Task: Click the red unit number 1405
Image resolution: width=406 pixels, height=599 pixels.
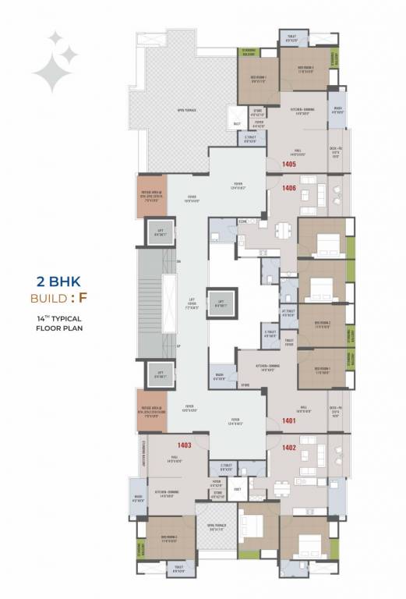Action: click(290, 165)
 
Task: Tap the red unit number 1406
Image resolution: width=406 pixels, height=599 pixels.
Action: click(290, 188)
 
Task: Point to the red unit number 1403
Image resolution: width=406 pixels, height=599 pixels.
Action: click(163, 445)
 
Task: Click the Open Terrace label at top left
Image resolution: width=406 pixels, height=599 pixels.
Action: click(185, 110)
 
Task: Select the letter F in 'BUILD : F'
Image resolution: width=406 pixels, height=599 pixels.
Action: click(83, 298)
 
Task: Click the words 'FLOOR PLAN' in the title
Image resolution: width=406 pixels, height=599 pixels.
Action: click(58, 328)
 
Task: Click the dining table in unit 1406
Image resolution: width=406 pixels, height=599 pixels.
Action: click(282, 229)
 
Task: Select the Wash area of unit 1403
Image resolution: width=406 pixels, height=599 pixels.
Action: click(139, 497)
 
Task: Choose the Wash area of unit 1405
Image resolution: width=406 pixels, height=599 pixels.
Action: click(337, 110)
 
